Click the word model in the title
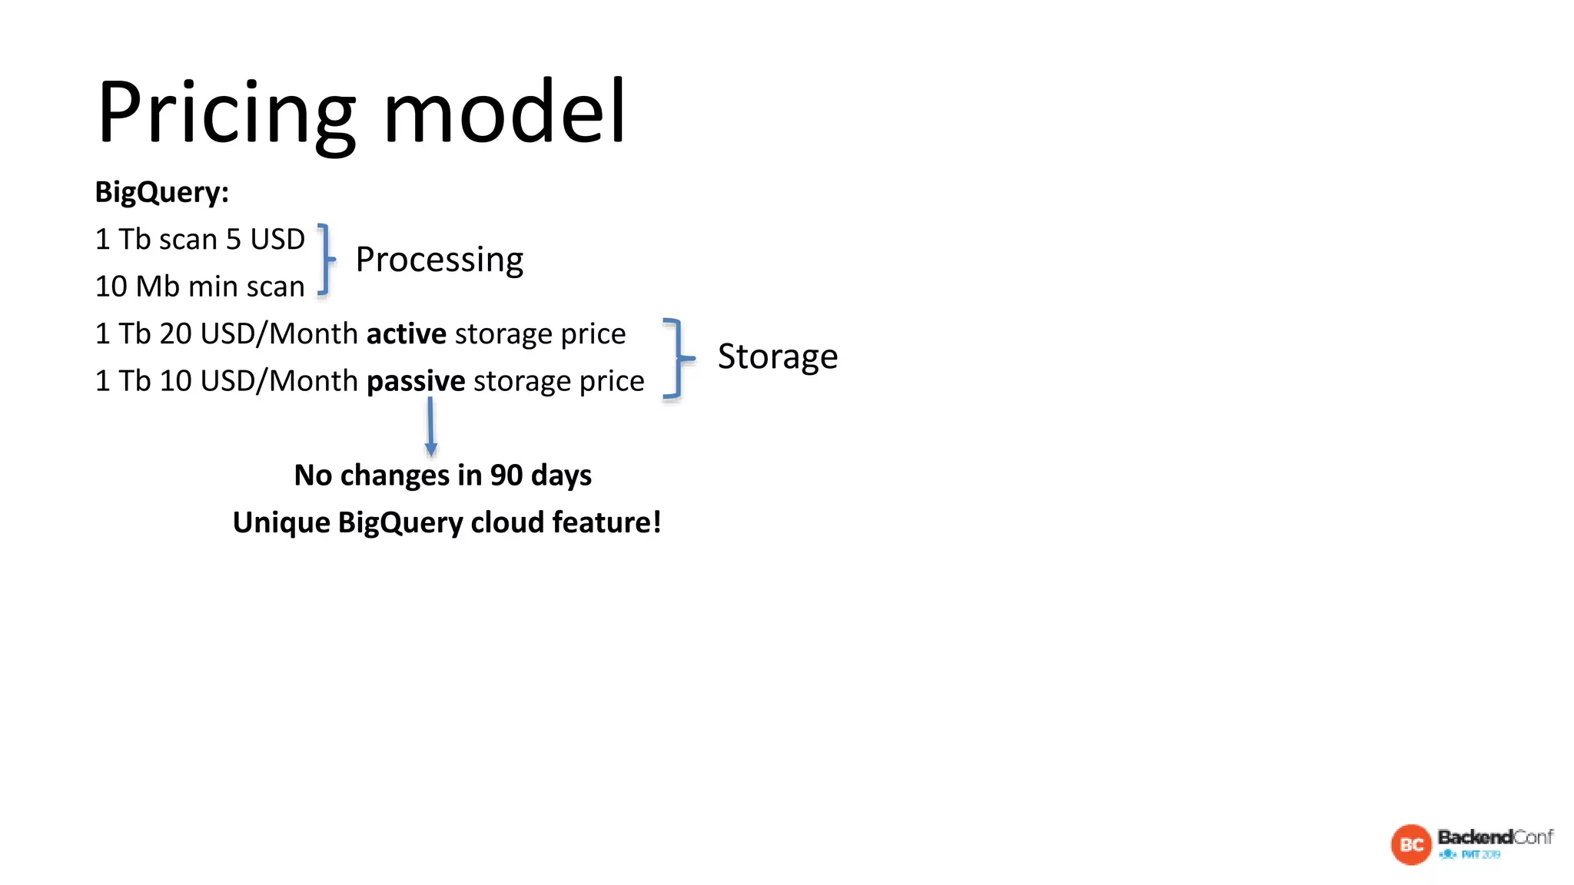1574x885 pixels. coord(504,112)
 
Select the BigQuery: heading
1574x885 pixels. coord(161,192)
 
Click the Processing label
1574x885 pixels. coord(439,260)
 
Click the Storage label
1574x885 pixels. coord(777,356)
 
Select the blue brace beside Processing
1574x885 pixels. coord(326,260)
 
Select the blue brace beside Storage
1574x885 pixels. coord(676,358)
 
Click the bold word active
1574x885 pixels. coord(406,334)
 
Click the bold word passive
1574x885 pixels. coord(416,382)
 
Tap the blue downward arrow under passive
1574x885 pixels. coord(430,427)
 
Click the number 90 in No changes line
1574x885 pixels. coord(506,476)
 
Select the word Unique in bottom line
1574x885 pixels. coord(281,523)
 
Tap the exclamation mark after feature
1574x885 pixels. coord(657,522)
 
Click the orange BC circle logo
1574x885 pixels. coord(1411,845)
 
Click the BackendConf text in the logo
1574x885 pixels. coord(1495,837)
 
